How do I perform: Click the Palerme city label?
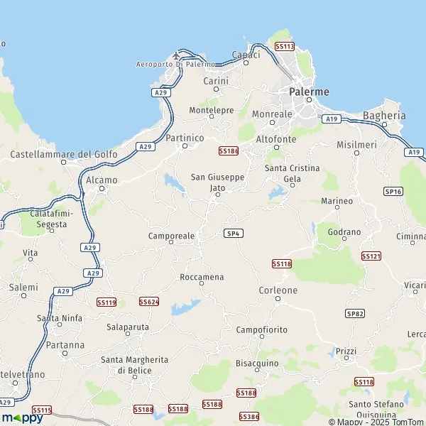tap(310, 92)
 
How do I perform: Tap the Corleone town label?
tap(277, 290)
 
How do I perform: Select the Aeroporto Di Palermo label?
tap(175, 65)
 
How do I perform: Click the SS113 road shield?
tap(284, 46)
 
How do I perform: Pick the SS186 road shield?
tap(228, 151)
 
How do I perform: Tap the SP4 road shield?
tap(232, 233)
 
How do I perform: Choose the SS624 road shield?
tap(149, 302)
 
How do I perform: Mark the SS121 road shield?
tap(371, 256)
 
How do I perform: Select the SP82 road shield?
tap(355, 313)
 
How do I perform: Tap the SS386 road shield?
tap(249, 416)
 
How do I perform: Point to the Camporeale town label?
tap(171, 235)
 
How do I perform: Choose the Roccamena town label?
tap(202, 276)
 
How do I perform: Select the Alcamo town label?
tap(101, 180)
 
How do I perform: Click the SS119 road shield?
tap(106, 302)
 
